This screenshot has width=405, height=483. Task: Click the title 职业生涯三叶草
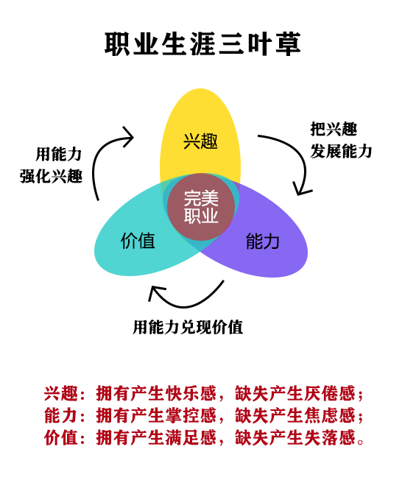202,44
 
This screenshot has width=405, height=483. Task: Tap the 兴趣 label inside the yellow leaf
200,141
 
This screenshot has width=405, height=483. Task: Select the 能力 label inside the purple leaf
263,241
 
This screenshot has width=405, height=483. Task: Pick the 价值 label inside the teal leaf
138,241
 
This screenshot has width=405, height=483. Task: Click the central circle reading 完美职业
200,206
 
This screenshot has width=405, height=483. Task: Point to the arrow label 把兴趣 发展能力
340,140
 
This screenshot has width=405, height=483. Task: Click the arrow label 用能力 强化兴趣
52,165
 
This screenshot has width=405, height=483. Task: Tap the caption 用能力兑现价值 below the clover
189,327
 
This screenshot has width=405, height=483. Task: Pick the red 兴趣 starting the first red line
60,392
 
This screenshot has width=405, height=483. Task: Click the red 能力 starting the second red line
60,415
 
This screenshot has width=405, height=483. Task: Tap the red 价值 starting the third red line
60,438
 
